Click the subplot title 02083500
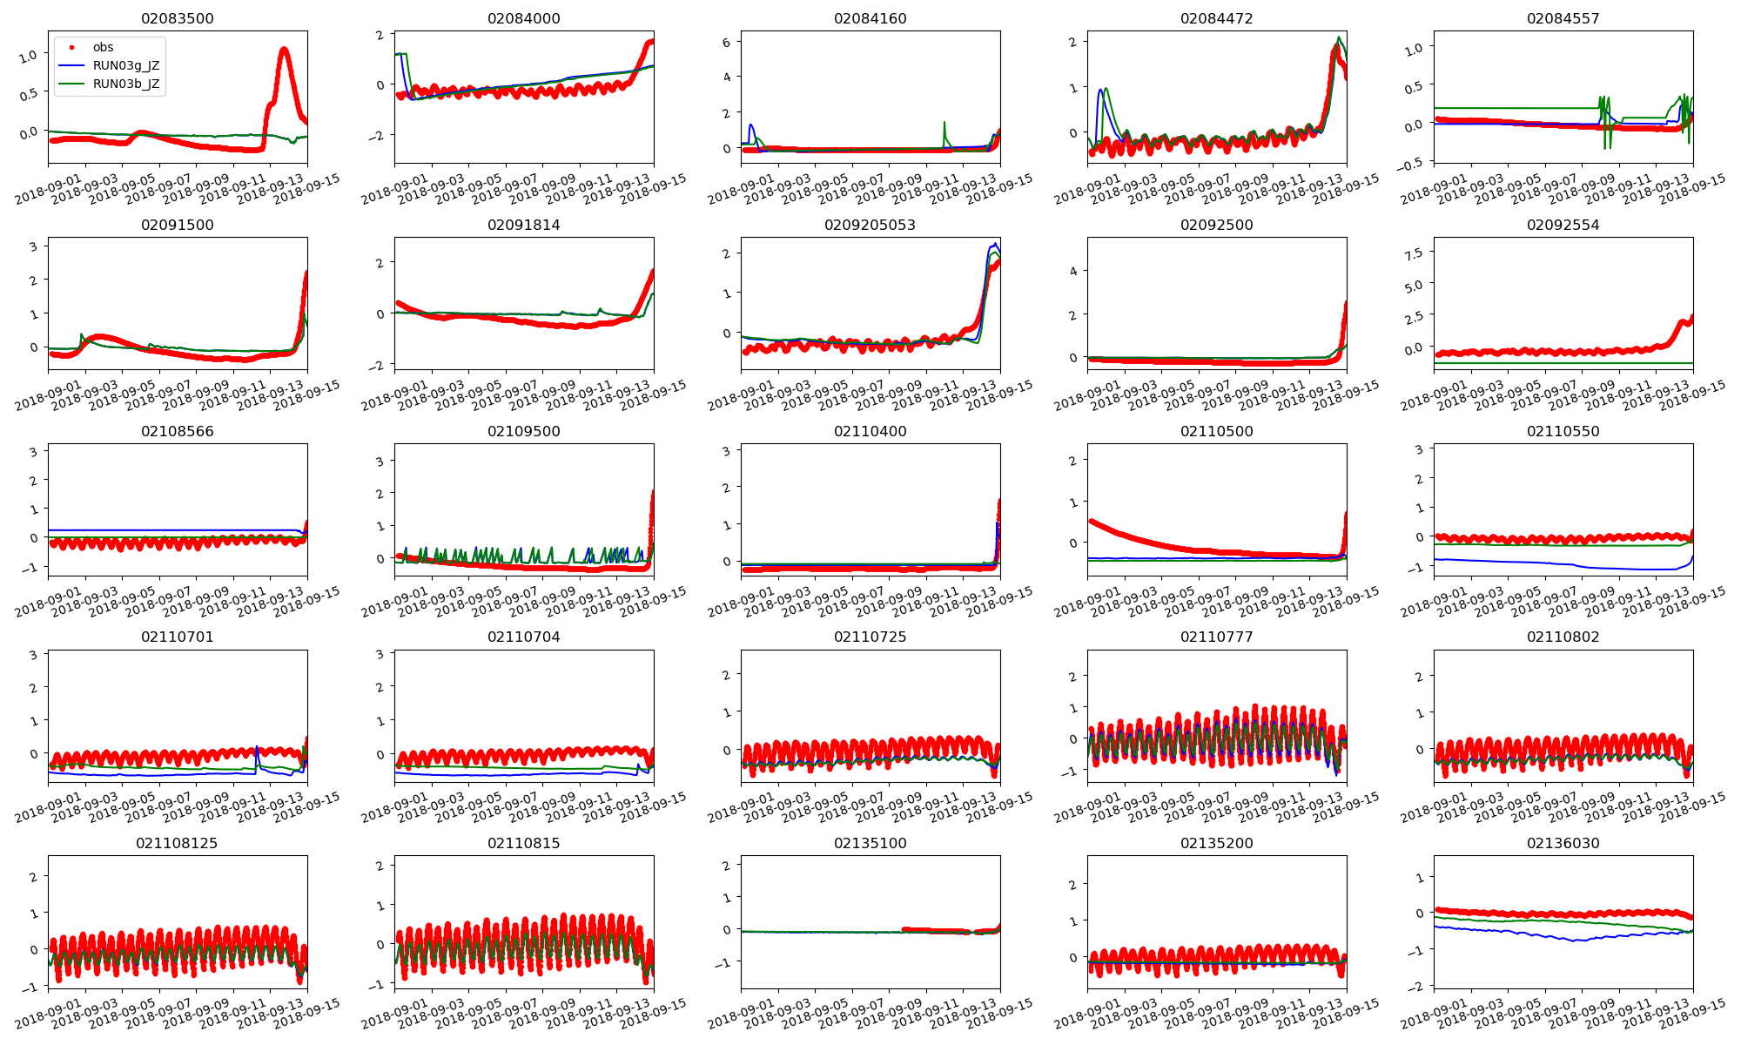[177, 18]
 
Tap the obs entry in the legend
[103, 47]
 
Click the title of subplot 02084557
[1563, 18]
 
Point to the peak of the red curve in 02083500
[284, 50]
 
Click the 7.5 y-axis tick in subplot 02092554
[1415, 253]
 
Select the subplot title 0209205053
[870, 225]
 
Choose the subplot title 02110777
[1216, 637]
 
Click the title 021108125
[177, 843]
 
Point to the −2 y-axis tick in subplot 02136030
[1418, 986]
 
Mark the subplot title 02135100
[870, 843]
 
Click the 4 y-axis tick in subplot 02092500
[1073, 271]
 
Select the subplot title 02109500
[523, 431]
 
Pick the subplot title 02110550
[1563, 431]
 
